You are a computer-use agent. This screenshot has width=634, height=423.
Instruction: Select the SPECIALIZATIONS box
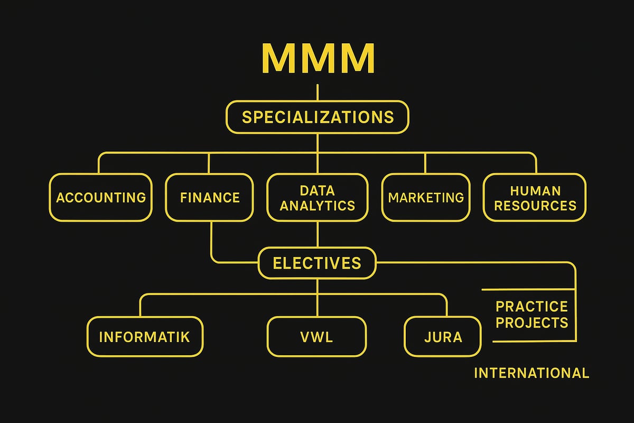tap(318, 117)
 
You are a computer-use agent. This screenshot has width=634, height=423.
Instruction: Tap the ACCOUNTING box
tap(101, 198)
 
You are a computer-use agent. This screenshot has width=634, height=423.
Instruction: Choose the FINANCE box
tap(209, 198)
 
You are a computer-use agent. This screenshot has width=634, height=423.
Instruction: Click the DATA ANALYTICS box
tap(317, 198)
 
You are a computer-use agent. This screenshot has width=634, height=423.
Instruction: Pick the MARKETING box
tap(426, 198)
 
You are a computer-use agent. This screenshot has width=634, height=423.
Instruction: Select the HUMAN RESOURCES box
tap(535, 198)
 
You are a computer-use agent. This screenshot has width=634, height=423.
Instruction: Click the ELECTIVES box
tap(317, 263)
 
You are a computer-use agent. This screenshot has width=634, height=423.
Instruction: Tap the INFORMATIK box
tap(145, 336)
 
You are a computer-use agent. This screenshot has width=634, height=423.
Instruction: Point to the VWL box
tap(316, 336)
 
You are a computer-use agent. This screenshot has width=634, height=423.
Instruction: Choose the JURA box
tap(443, 336)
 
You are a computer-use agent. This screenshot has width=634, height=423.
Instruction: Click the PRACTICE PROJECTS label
tap(532, 314)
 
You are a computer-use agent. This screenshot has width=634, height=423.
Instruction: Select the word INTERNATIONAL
tap(531, 373)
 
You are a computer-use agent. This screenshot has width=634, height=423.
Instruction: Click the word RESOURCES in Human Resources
tap(535, 205)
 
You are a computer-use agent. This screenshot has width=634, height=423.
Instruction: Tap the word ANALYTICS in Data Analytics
tap(317, 206)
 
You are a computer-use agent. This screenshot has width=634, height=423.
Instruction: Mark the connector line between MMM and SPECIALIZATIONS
tap(317, 92)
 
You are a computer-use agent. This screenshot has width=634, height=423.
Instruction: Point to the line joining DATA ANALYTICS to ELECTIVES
tap(317, 235)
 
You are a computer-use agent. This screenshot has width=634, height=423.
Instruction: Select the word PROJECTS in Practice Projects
tap(532, 322)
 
